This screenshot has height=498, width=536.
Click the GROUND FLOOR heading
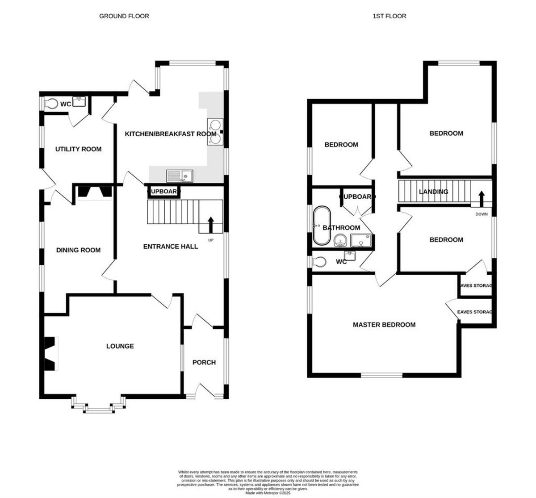click(124, 16)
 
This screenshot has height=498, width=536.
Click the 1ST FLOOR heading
click(389, 16)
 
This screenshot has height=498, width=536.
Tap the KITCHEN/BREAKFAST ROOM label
click(170, 134)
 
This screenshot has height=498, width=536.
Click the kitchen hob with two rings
click(214, 132)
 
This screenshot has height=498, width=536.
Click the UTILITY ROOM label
click(78, 149)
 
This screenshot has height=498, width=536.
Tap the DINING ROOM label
click(78, 250)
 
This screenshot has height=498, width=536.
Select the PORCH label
click(204, 362)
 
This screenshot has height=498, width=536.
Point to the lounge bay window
click(98, 406)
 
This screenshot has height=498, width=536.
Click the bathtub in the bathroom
click(320, 226)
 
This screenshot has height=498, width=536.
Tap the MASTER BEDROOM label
click(384, 325)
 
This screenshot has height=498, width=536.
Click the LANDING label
click(433, 192)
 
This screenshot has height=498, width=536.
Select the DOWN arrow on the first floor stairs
click(482, 198)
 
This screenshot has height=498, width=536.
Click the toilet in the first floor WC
click(318, 262)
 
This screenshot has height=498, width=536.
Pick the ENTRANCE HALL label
click(170, 246)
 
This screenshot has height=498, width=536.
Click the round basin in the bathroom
click(341, 242)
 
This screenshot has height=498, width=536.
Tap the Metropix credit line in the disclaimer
click(268, 493)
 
